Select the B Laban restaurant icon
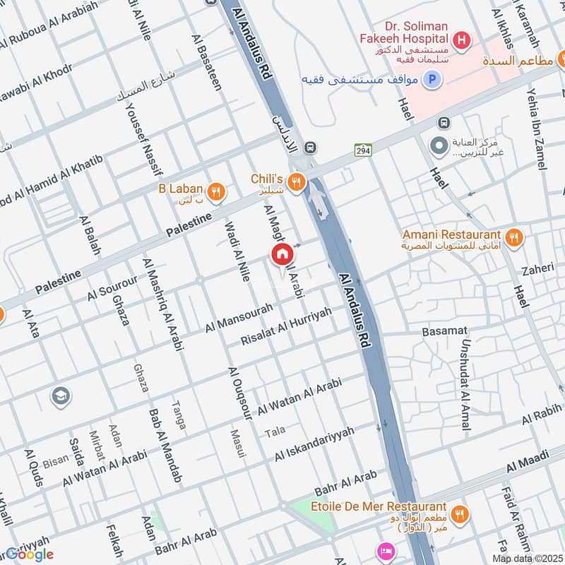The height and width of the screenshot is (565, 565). click(216, 190)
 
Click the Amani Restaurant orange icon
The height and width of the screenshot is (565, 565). click(514, 237)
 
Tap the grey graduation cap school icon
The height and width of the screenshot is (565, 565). click(61, 396)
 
